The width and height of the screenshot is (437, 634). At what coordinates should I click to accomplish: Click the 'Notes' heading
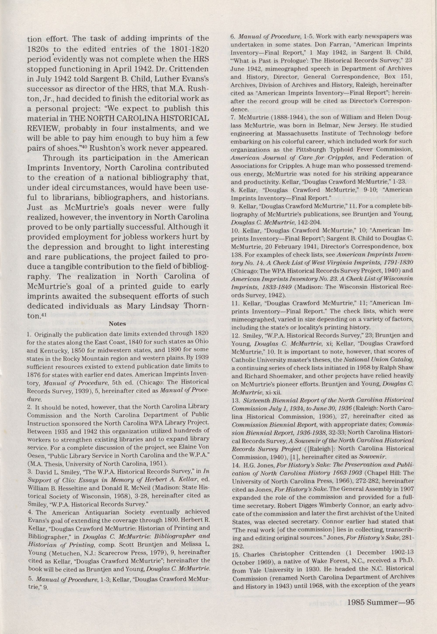(x=118, y=324)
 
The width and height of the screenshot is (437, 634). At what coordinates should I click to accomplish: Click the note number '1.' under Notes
(x=29, y=334)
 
